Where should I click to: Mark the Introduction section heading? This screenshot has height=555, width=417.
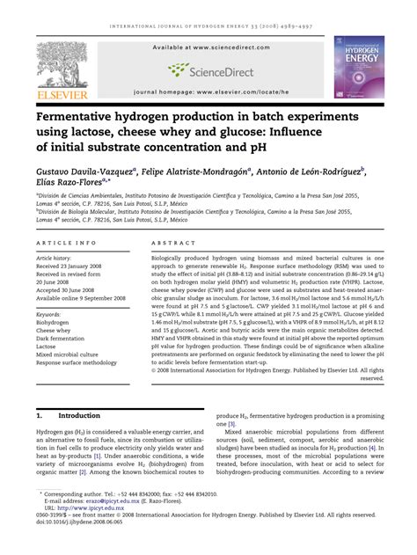pyautogui.click(x=78, y=413)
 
